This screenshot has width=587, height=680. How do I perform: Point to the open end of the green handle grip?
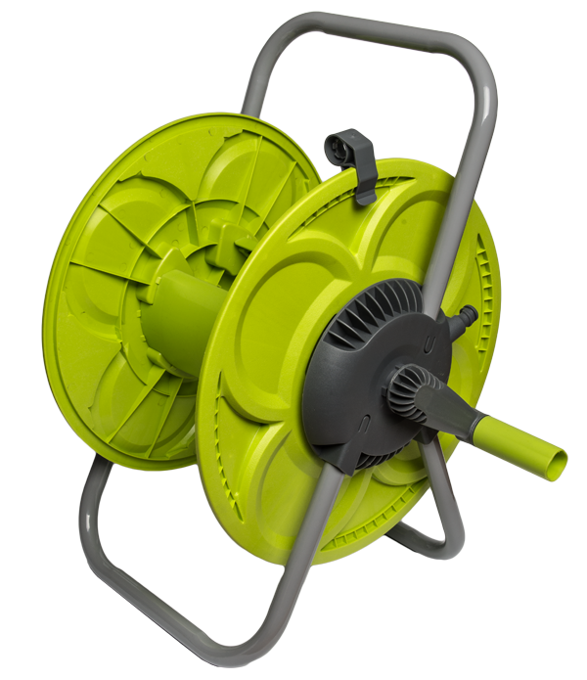(555, 460)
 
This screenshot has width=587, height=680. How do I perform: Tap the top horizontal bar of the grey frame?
(382, 29)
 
